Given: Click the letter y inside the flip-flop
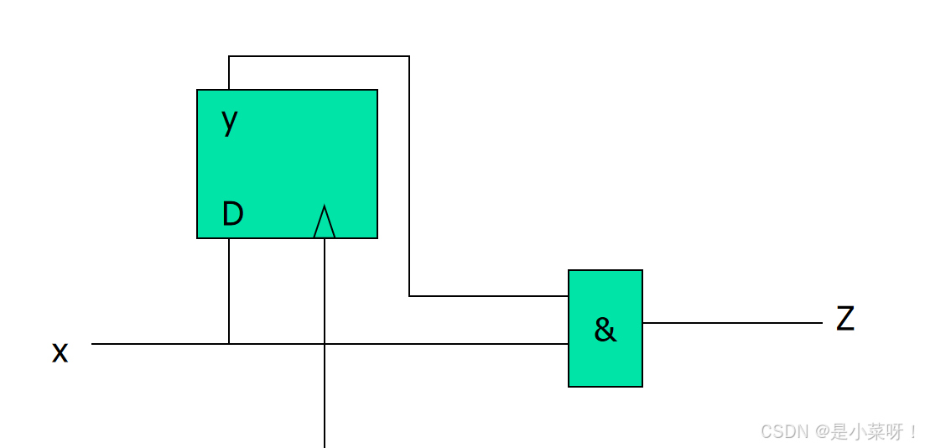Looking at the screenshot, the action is (230, 122).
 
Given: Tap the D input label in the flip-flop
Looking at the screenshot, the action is (232, 215).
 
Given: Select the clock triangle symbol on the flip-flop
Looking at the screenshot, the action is (325, 222).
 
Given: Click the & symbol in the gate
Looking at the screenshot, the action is (605, 330).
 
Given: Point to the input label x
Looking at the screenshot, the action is (60, 352).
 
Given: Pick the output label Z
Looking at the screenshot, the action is (845, 320).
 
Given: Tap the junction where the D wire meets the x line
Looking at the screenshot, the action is (229, 344).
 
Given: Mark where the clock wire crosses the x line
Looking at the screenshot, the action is (325, 344).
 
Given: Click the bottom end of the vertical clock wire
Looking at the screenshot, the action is (325, 445).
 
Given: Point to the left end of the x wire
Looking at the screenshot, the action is (93, 344).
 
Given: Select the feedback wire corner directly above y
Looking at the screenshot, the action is (229, 56).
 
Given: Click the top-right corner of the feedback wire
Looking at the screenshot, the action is (409, 56).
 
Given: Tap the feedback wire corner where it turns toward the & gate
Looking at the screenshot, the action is (409, 296).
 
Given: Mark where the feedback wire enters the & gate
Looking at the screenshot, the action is (568, 296).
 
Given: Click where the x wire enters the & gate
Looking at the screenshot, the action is (568, 344).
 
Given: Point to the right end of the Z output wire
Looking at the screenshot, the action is (821, 323).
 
